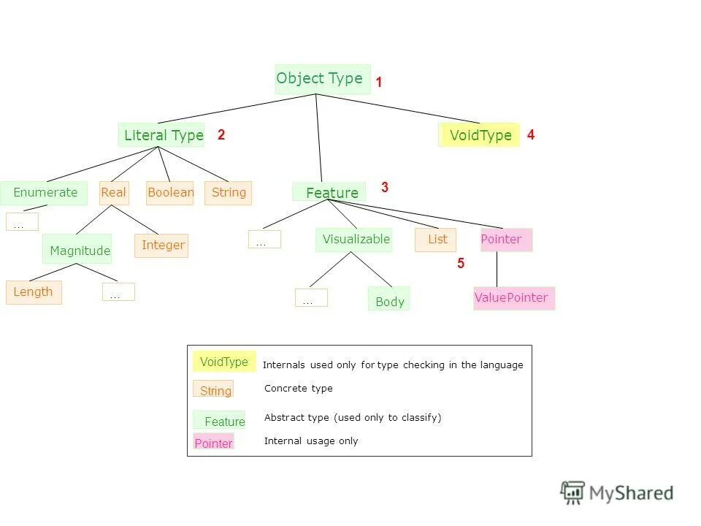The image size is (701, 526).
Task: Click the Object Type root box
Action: click(322, 79)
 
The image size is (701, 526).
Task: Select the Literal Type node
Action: click(161, 135)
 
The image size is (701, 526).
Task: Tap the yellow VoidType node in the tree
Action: click(480, 135)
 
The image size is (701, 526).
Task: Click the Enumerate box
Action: click(44, 193)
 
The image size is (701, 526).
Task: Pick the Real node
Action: click(114, 193)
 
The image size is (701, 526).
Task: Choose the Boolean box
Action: click(170, 193)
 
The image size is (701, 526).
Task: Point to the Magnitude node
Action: click(77, 250)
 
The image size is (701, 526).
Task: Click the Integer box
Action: click(161, 245)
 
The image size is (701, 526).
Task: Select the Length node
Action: click(34, 292)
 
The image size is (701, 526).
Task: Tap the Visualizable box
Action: click(354, 240)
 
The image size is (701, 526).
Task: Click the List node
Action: click(436, 240)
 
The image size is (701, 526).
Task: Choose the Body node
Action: click(388, 300)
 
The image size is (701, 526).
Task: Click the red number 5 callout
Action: click(461, 264)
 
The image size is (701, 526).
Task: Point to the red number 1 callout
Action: click(379, 83)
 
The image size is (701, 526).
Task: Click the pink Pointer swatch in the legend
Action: click(213, 442)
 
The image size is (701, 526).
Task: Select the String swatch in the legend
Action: click(213, 389)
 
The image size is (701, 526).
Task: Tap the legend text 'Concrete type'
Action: click(298, 389)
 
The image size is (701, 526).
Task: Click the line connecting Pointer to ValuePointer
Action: click(497, 269)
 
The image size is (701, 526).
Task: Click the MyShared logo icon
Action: click(573, 492)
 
